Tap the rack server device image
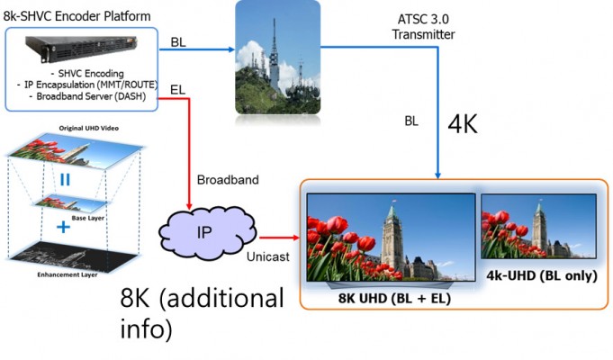pos(80,48)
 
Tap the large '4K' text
pos(463,124)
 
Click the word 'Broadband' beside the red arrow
pos(229,180)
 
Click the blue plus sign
pos(64,228)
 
